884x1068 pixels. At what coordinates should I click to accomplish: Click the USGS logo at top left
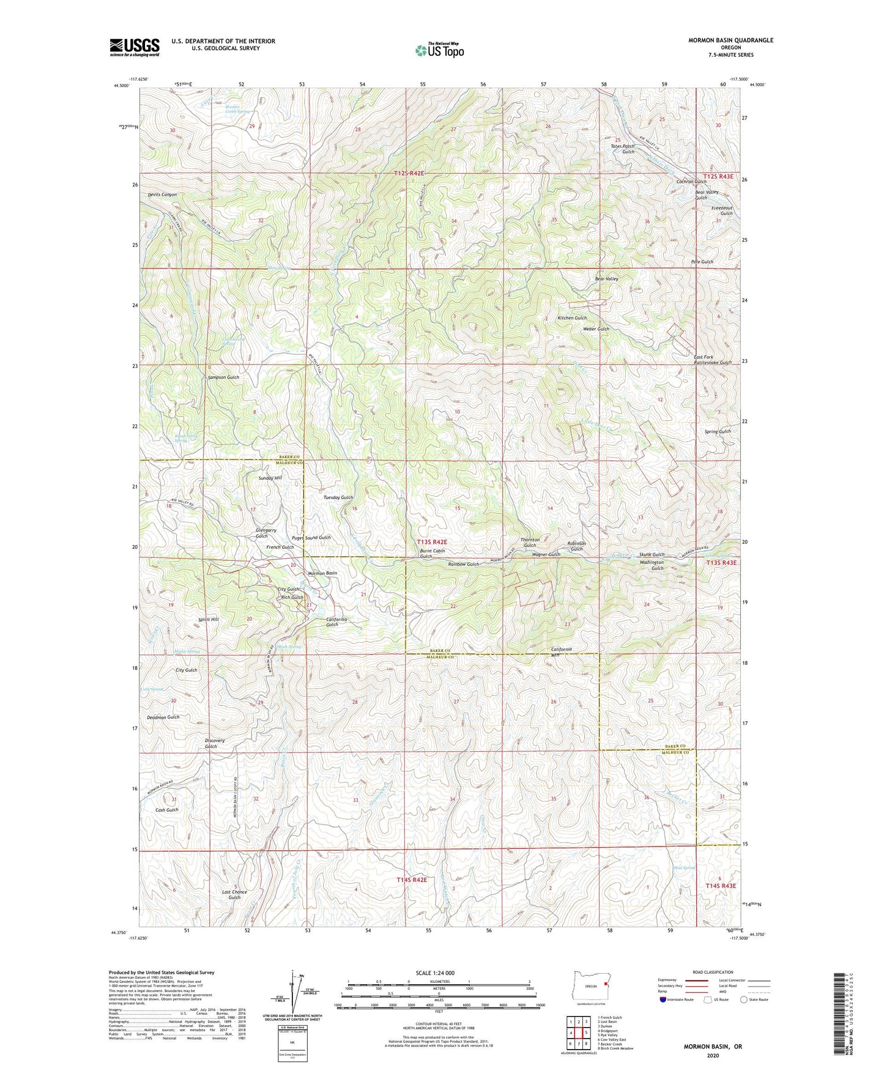tap(135, 47)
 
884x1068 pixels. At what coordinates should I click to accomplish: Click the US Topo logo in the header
tap(439, 50)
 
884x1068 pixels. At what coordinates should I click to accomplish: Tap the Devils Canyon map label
tap(162, 195)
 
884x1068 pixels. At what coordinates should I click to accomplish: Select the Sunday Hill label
tap(270, 478)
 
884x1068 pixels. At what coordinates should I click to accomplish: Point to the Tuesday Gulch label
tap(338, 498)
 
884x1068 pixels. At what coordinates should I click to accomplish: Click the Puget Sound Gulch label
tap(311, 538)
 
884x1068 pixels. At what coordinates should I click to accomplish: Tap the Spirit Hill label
tap(208, 620)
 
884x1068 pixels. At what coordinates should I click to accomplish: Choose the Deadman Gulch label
tap(163, 717)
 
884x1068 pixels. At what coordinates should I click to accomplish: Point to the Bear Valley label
tap(606, 279)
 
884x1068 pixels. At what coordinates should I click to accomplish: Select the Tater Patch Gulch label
tap(622, 149)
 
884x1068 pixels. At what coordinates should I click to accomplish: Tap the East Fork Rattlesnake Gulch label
tap(712, 360)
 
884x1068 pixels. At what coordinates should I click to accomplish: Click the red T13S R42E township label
tap(432, 542)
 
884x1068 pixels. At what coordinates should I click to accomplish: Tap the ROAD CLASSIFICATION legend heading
tap(713, 972)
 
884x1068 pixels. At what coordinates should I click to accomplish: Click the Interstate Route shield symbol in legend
tap(664, 1000)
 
